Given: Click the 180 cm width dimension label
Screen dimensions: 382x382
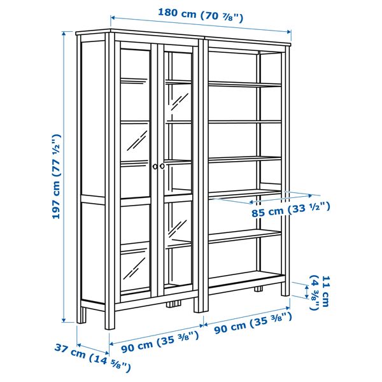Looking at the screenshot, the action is pyautogui.click(x=201, y=15).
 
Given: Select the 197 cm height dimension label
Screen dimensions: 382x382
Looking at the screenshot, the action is pyautogui.click(x=56, y=176).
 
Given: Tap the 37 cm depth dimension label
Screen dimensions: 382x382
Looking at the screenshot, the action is pyautogui.click(x=92, y=357).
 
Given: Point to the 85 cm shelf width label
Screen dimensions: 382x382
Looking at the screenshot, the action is pyautogui.click(x=291, y=210).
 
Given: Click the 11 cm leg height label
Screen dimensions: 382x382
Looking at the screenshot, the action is pyautogui.click(x=319, y=293).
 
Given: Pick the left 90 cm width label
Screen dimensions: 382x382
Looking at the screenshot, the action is pyautogui.click(x=160, y=342).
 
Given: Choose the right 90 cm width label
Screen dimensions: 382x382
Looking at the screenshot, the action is pyautogui.click(x=253, y=323).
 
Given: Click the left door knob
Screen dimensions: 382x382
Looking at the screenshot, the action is pyautogui.click(x=155, y=166).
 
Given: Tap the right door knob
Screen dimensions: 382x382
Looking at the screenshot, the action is pyautogui.click(x=162, y=166).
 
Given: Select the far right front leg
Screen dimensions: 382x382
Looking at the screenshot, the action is pyautogui.click(x=285, y=289).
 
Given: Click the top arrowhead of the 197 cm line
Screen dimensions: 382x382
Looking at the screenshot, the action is pyautogui.click(x=64, y=34).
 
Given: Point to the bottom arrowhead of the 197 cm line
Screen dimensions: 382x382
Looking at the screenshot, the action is pyautogui.click(x=64, y=319).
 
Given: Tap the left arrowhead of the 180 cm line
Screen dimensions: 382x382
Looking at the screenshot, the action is pyautogui.click(x=113, y=18).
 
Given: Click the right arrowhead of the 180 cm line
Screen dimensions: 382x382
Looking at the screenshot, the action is pyautogui.click(x=288, y=31).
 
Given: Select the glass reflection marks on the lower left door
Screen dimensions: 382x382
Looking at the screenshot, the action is pyautogui.click(x=134, y=268).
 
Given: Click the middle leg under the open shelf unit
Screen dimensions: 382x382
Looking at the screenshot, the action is pyautogui.click(x=258, y=289).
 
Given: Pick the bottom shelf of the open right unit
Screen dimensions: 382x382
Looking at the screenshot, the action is pyautogui.click(x=246, y=278).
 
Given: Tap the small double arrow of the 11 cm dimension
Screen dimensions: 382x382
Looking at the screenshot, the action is pyautogui.click(x=307, y=292).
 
